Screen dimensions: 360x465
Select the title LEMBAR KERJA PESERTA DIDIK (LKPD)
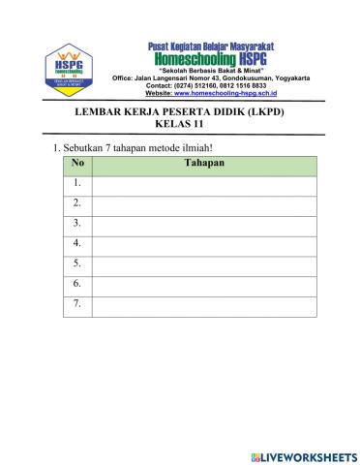pyautogui.click(x=185, y=112)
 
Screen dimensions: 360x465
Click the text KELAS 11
pyautogui.click(x=185, y=125)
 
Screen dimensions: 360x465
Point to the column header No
pyautogui.click(x=77, y=165)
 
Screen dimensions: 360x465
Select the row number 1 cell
pyautogui.click(x=77, y=184)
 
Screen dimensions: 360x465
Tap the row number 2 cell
pyautogui.click(x=77, y=204)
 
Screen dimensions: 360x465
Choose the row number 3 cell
pyautogui.click(x=77, y=225)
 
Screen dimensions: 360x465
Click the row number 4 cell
pyautogui.click(x=77, y=245)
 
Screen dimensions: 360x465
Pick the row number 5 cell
pyautogui.click(x=77, y=265)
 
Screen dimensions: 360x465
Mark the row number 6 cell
pyautogui.click(x=77, y=286)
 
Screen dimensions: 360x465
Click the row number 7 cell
pyautogui.click(x=77, y=306)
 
